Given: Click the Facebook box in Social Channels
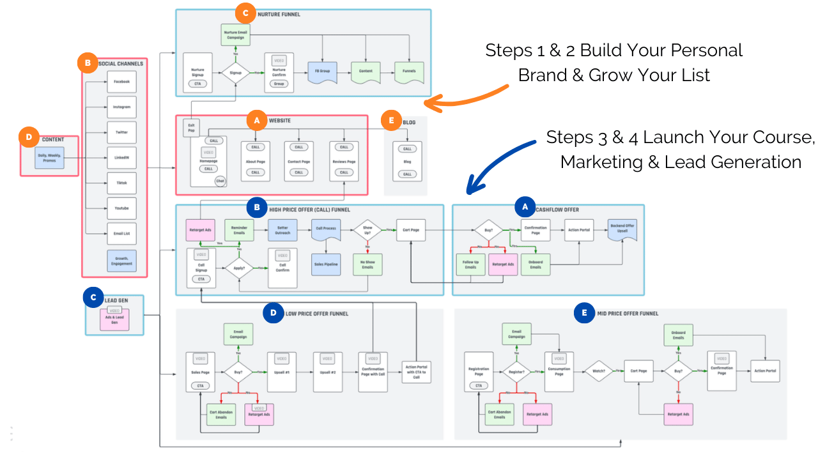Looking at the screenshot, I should coord(121,82).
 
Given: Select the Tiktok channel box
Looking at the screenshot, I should coord(121,183).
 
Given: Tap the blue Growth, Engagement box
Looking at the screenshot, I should coord(121,261).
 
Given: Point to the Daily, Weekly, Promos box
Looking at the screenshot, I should coord(49,158).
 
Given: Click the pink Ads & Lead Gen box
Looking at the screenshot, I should coord(115,319).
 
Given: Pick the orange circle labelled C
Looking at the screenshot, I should coord(244,13).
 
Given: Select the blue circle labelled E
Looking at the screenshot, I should coord(583,314).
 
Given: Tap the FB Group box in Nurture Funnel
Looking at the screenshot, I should coord(322,71).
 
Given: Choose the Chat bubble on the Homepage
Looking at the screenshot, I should coord(220,181).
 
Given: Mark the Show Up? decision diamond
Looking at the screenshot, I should coord(367,229).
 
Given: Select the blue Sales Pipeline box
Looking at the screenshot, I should coord(326,264).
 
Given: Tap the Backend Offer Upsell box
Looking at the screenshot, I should coord(622,229).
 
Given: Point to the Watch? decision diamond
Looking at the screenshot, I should coord(599,371).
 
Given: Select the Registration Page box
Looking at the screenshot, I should coord(479,372).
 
